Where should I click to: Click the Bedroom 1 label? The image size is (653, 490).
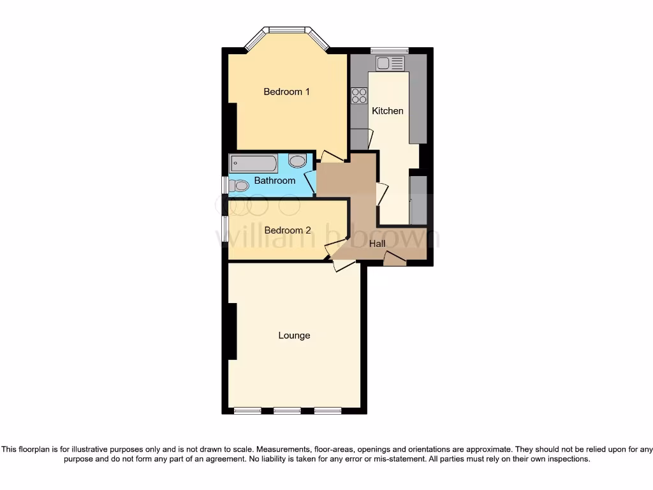click(286, 92)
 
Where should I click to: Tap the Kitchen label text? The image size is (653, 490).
click(388, 111)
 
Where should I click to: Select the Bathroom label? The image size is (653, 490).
click(275, 181)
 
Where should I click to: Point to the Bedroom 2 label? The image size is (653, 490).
click(288, 230)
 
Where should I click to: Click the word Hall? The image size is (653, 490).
click(378, 243)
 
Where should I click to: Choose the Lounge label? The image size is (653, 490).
click(294, 336)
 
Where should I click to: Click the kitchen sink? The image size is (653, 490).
click(390, 63)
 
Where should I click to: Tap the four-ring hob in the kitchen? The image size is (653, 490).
click(359, 95)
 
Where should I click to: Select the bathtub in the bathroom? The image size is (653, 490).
click(253, 163)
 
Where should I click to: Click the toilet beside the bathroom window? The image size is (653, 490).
click(239, 186)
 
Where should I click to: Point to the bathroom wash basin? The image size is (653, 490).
click(297, 160)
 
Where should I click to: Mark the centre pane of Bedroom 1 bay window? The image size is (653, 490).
click(287, 29)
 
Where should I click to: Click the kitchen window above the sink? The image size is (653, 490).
click(390, 50)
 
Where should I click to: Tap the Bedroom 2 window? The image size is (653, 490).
click(224, 230)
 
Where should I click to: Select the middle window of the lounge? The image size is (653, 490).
click(287, 410)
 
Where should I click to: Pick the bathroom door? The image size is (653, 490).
click(311, 182)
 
